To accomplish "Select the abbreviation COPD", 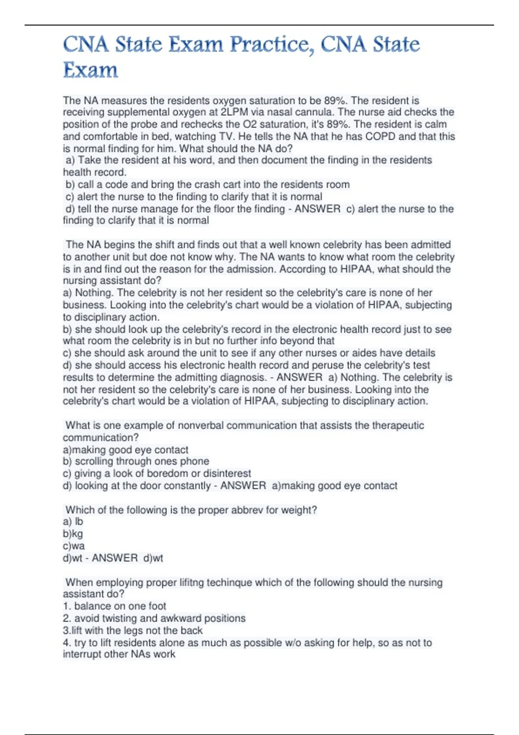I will pyautogui.click(x=380, y=137).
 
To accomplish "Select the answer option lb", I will pyautogui.click(x=79, y=522).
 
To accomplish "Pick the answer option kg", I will pyautogui.click(x=77, y=534).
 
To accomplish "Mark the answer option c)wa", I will pyautogui.click(x=74, y=546).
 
